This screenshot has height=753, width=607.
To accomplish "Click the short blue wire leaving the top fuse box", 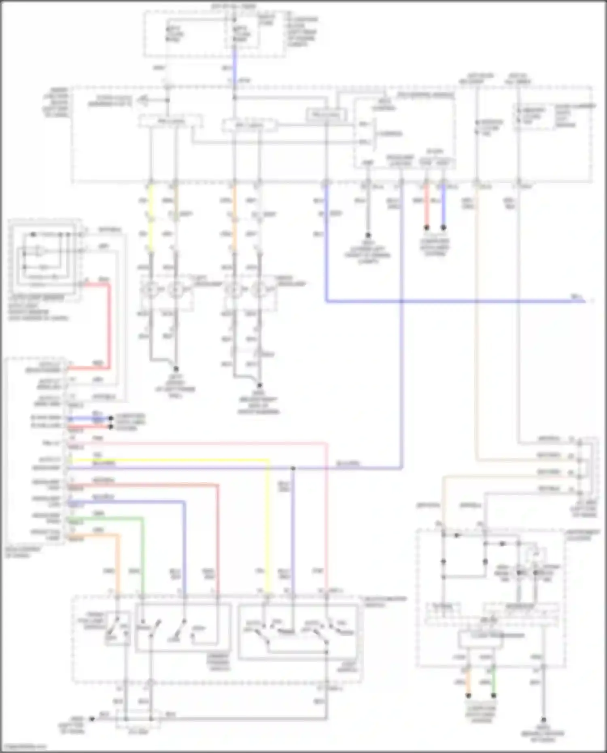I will [234, 65].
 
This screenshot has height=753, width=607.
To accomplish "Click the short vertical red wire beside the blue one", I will [426, 206].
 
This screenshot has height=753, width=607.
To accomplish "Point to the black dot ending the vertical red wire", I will [426, 228].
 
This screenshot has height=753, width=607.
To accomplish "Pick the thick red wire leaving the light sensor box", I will [108, 324].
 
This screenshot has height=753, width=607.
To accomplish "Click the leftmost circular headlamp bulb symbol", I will [151, 290].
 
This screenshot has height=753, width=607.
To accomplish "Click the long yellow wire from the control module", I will [268, 526].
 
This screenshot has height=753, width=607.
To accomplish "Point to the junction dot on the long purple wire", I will [293, 469].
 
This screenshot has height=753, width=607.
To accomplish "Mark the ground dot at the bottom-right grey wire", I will [543, 720].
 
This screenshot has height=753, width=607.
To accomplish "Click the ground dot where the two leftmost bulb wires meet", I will [176, 369].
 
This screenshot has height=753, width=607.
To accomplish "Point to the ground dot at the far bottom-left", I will [92, 719].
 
